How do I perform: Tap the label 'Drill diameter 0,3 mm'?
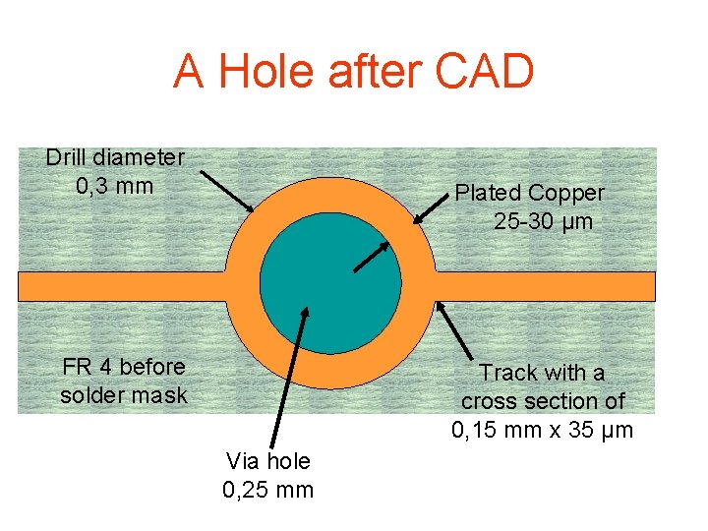115,171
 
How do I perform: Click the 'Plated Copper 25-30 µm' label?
530,206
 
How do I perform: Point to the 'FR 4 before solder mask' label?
123,381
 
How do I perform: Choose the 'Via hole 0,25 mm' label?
268,475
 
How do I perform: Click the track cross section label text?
543,401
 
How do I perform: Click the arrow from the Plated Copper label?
432,210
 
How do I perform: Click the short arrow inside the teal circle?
369,255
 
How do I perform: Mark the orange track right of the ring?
546,286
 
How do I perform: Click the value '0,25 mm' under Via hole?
268,489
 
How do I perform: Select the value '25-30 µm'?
544,221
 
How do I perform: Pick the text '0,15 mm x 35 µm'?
543,430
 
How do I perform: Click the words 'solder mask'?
123,395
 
